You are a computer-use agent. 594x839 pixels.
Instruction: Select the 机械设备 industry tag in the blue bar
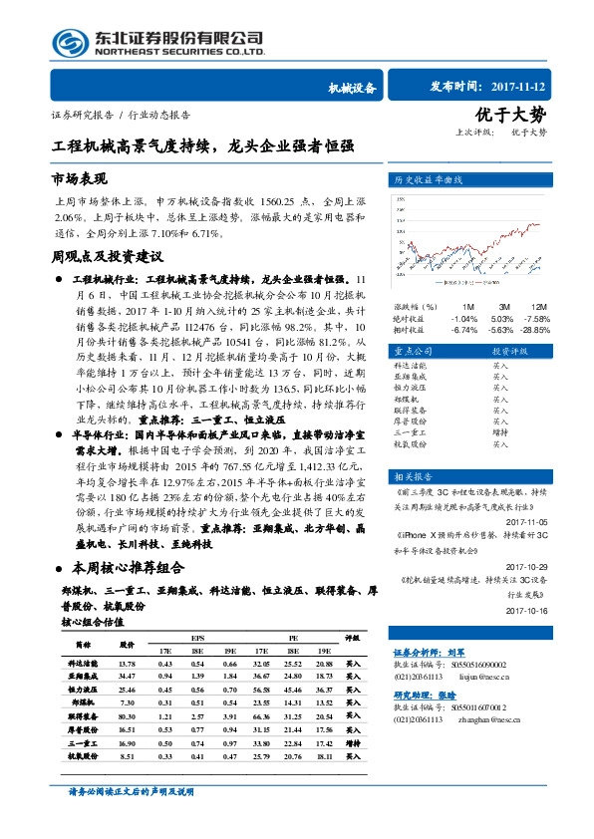[x=352, y=88]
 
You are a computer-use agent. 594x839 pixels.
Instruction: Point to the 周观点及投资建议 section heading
[x=107, y=256]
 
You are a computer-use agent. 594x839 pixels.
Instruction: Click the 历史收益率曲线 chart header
[x=436, y=180]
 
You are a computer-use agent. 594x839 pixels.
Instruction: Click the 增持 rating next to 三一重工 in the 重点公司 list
[x=499, y=432]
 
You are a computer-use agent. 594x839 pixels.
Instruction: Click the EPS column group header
[x=197, y=638]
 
